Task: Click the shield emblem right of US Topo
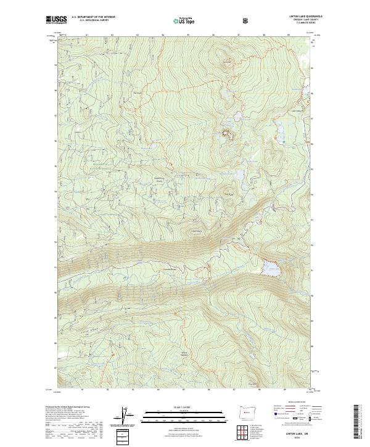[213, 20]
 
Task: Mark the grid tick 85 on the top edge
[188, 35]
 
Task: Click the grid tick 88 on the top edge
[264, 35]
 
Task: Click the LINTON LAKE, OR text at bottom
[295, 435]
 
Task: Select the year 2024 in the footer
[295, 439]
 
